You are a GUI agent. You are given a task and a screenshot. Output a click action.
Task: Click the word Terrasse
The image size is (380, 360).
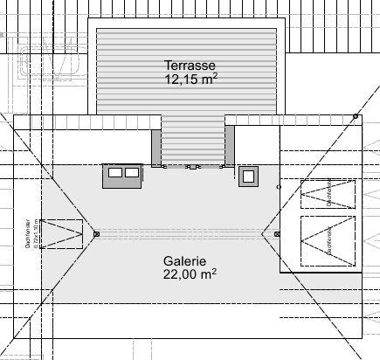coord(190,65)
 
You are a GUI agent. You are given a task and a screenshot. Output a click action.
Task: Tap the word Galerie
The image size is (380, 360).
coord(184,260)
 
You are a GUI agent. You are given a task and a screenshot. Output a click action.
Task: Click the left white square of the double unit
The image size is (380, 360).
coord(114,173)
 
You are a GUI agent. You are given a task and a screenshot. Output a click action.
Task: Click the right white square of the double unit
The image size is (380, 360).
coord(132,173)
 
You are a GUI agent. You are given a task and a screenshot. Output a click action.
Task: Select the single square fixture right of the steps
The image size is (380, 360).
coord(248,176)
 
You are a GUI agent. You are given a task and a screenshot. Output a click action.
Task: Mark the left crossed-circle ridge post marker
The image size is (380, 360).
coord(96,233)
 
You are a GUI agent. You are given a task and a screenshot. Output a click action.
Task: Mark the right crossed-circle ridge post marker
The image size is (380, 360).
coord(277,234)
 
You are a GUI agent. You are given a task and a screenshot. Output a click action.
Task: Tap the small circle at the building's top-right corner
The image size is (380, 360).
coord(355,116)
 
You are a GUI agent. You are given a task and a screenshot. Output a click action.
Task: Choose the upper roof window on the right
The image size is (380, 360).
coord(329,194)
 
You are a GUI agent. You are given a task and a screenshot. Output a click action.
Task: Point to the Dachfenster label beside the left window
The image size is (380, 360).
coord(30,232)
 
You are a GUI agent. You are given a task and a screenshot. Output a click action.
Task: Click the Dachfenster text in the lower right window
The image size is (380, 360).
coord(328,239)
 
